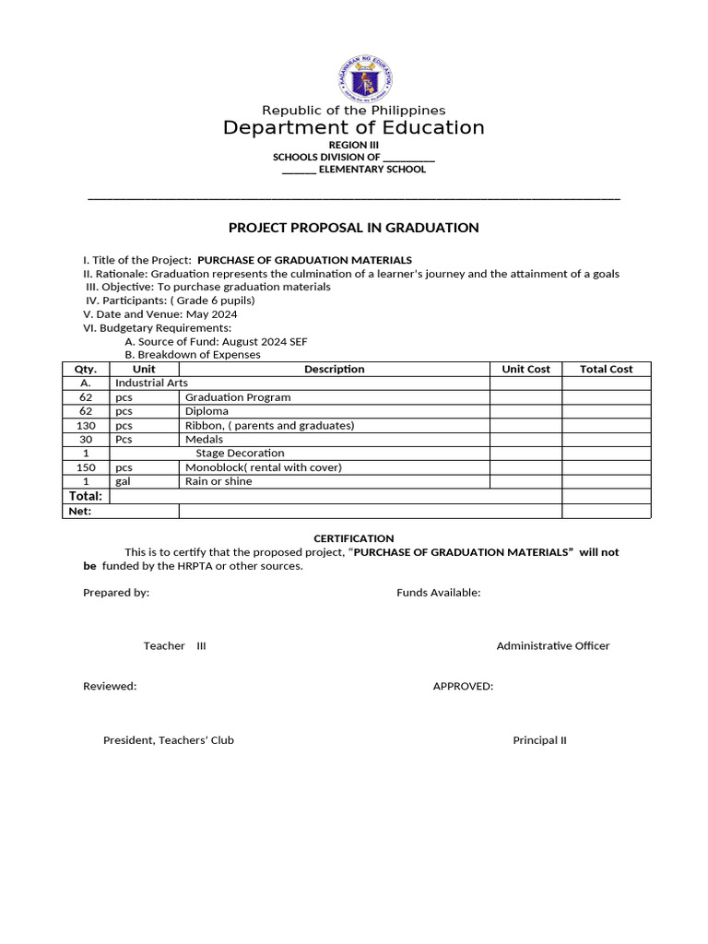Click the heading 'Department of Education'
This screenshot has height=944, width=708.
[354, 128]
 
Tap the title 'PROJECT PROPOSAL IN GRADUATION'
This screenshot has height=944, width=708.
[354, 228]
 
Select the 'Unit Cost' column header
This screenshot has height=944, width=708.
[525, 369]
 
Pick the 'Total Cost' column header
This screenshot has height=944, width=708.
[606, 369]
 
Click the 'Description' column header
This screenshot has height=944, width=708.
[334, 369]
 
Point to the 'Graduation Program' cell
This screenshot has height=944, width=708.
[238, 397]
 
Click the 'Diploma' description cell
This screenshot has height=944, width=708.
[206, 411]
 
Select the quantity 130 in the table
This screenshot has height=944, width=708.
[86, 426]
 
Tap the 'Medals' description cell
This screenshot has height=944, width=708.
[204, 440]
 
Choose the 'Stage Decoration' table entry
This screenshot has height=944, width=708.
[240, 454]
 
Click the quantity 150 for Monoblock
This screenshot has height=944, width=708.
[86, 467]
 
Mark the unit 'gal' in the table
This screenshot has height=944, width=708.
[123, 481]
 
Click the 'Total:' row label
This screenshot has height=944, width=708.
[86, 496]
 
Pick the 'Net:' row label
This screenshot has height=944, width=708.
[80, 511]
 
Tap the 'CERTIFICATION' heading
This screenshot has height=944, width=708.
[354, 538]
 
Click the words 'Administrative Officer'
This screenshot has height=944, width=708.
[553, 646]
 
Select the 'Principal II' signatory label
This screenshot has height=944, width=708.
[540, 740]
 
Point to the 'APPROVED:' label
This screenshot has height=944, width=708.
[463, 686]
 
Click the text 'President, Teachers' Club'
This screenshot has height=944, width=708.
[169, 740]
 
